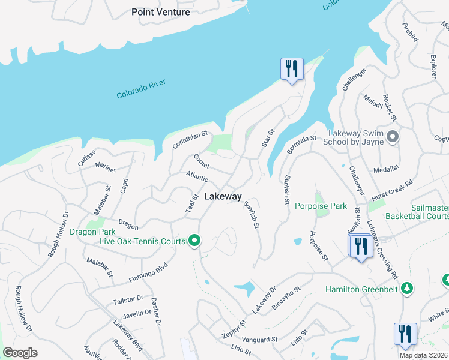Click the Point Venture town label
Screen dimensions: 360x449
[161, 12]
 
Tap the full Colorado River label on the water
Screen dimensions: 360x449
[141, 89]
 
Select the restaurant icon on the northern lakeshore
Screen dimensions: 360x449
[292, 69]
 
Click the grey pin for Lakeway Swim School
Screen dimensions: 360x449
[393, 137]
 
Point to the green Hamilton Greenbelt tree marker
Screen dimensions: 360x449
[407, 289]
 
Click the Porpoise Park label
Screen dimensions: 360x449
[321, 206]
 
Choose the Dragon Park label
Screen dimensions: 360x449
[92, 232]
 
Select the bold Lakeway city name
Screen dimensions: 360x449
[223, 196]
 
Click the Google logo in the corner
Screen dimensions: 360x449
[19, 353]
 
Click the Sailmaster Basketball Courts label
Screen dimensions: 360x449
[417, 211]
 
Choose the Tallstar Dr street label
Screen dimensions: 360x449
[127, 299]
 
